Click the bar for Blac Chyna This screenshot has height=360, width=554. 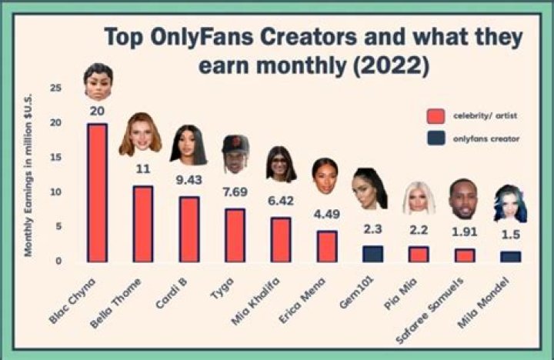pos(97,192)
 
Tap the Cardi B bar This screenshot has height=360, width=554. pos(189,229)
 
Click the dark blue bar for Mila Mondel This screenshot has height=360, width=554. pos(511,257)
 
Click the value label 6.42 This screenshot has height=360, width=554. pos(280,203)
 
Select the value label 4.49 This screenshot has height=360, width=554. pos(326,215)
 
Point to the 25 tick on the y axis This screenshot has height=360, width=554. pos(55,88)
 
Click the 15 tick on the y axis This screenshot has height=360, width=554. pos(55,158)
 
